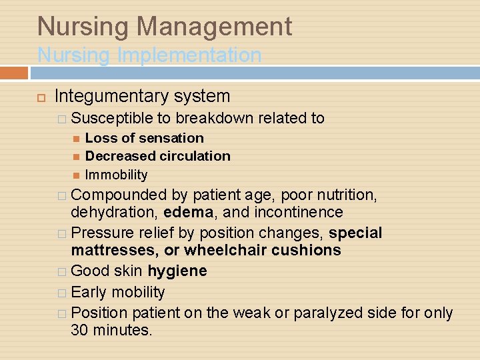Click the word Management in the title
pos(214,27)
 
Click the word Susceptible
pos(112,119)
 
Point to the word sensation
pos(172,138)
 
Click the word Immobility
pos(117,175)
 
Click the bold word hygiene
pos(177,271)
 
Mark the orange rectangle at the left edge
pos(13,72)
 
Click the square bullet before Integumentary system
pos(40,98)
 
